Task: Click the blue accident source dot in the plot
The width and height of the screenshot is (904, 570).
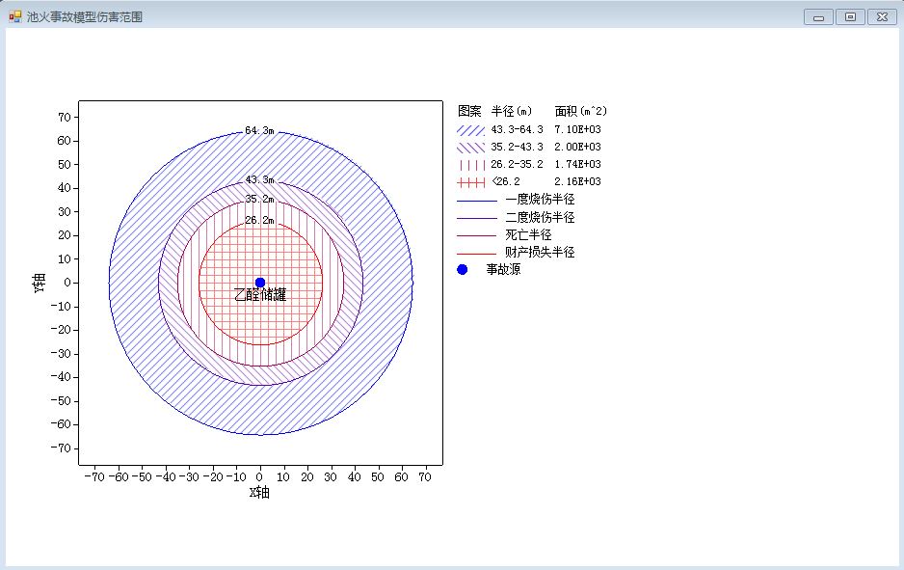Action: point(260,283)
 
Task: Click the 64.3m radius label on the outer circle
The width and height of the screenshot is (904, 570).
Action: point(259,130)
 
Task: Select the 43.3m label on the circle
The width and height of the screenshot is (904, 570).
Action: point(259,179)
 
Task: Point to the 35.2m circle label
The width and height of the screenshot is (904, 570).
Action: point(259,199)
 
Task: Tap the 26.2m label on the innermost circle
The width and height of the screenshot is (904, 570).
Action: point(259,220)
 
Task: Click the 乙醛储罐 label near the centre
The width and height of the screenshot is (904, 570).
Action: point(260,294)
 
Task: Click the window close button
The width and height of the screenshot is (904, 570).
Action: point(882,16)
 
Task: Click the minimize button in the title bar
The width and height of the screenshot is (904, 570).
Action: point(818,16)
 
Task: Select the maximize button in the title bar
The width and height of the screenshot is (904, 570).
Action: point(850,16)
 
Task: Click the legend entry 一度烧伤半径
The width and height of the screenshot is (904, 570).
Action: point(541,200)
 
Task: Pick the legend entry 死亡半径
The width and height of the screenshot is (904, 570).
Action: point(529,234)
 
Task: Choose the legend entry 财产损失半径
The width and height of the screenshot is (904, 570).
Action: point(541,252)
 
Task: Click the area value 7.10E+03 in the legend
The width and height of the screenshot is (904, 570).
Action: point(577,129)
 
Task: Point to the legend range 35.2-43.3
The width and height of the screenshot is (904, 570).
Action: point(518,147)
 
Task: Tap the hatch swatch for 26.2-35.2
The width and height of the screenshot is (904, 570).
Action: point(471,165)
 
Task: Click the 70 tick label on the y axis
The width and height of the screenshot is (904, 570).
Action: point(64,117)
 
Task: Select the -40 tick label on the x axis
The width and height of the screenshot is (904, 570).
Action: point(166,477)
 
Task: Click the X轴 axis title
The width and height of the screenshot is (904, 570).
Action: point(259,492)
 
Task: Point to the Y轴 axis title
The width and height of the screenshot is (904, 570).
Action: point(40,283)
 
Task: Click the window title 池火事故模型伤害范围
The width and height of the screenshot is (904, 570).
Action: point(85,16)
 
